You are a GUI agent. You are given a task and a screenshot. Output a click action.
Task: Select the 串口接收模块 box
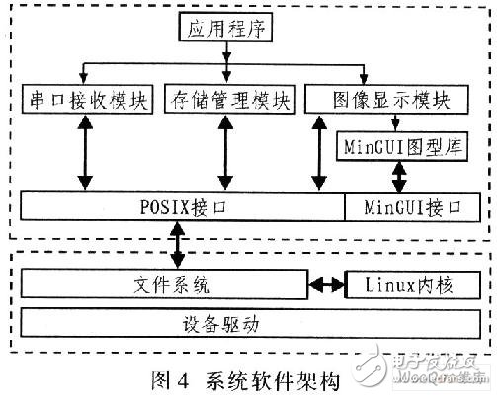click(x=86, y=100)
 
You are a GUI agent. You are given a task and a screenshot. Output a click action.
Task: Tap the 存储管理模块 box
click(x=229, y=100)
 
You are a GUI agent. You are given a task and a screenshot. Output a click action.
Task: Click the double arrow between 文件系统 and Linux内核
click(x=322, y=284)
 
